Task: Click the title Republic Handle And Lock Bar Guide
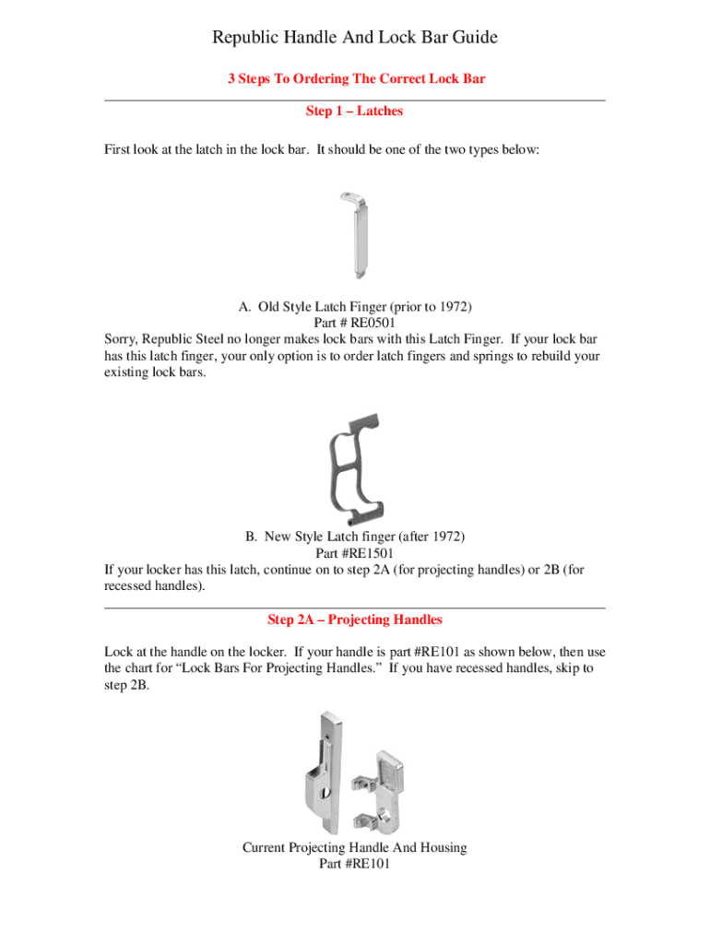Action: pyautogui.click(x=355, y=38)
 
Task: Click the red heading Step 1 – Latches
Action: pyautogui.click(x=355, y=112)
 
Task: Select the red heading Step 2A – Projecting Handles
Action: pyautogui.click(x=355, y=619)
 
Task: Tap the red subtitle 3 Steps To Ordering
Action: pyautogui.click(x=356, y=79)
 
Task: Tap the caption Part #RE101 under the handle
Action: pyautogui.click(x=355, y=864)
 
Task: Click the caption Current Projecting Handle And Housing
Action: pyautogui.click(x=355, y=847)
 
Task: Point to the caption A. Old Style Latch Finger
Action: pyautogui.click(x=355, y=306)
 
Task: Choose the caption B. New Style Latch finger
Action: pyautogui.click(x=355, y=536)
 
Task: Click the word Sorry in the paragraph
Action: pyautogui.click(x=122, y=339)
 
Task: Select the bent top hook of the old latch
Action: pyautogui.click(x=349, y=196)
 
